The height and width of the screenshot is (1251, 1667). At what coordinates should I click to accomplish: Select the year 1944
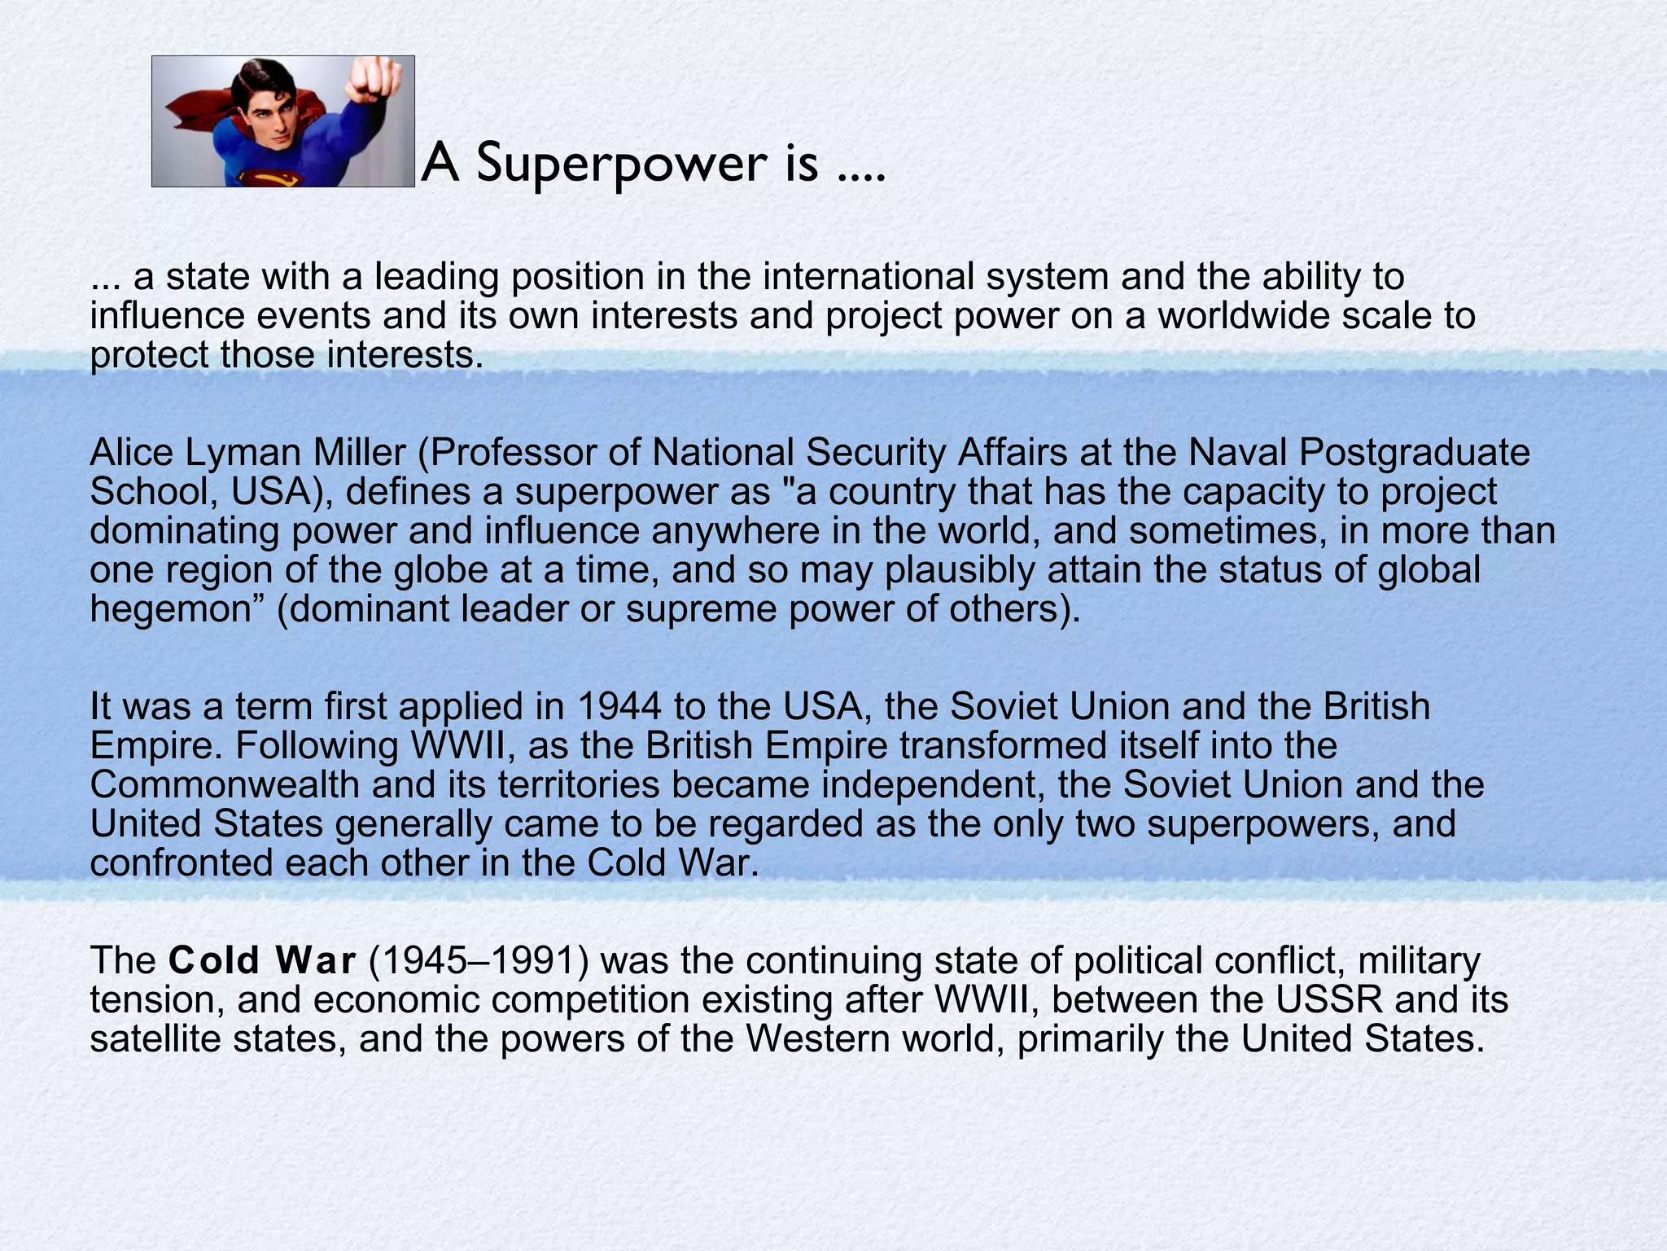pyautogui.click(x=619, y=707)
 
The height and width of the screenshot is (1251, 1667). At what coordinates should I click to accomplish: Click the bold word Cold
pyautogui.click(x=214, y=961)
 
